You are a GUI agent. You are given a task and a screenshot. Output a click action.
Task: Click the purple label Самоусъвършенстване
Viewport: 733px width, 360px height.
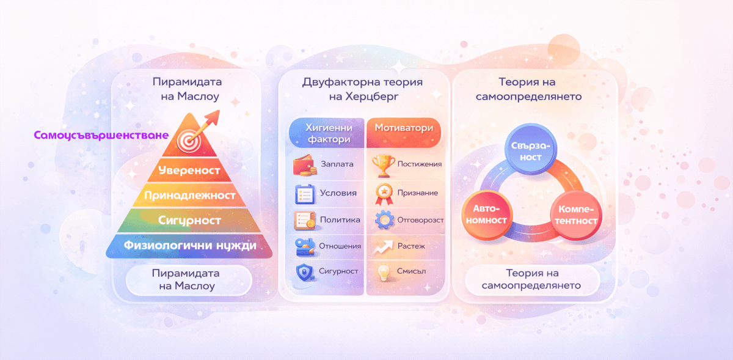pyautogui.click(x=101, y=135)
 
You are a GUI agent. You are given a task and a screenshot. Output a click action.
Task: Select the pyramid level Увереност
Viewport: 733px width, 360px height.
pyautogui.click(x=188, y=170)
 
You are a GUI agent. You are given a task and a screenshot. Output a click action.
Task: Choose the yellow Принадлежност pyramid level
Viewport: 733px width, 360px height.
pyautogui.click(x=189, y=196)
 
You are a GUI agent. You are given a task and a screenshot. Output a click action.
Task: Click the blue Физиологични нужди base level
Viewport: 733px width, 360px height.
pyautogui.click(x=189, y=246)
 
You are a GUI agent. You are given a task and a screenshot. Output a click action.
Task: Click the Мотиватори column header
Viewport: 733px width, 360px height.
pyautogui.click(x=403, y=128)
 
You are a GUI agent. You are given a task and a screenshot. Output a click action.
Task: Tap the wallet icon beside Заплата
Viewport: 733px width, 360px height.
pyautogui.click(x=304, y=165)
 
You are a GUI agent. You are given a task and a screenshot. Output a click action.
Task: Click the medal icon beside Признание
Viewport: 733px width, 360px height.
pyautogui.click(x=383, y=193)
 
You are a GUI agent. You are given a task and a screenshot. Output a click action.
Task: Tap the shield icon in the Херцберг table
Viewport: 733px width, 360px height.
pyautogui.click(x=304, y=273)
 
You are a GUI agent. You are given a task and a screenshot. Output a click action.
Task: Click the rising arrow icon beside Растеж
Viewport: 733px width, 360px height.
pyautogui.click(x=383, y=246)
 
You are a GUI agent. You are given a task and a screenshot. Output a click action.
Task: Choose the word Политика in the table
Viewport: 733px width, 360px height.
pyautogui.click(x=340, y=219)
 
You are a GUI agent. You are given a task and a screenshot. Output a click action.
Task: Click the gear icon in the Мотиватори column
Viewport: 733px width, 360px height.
pyautogui.click(x=384, y=219)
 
